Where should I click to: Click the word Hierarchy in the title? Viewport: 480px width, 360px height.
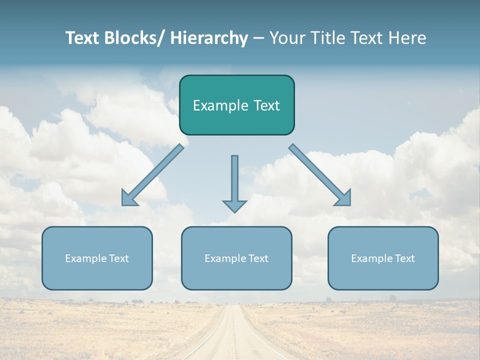(x=209, y=38)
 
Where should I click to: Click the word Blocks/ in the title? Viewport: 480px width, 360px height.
(x=134, y=38)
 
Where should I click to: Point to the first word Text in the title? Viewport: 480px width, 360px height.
(x=83, y=38)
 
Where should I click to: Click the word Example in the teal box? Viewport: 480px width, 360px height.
(x=217, y=105)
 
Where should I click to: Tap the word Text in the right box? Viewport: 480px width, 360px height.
(x=403, y=258)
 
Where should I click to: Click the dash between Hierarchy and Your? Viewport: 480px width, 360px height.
(x=258, y=38)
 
